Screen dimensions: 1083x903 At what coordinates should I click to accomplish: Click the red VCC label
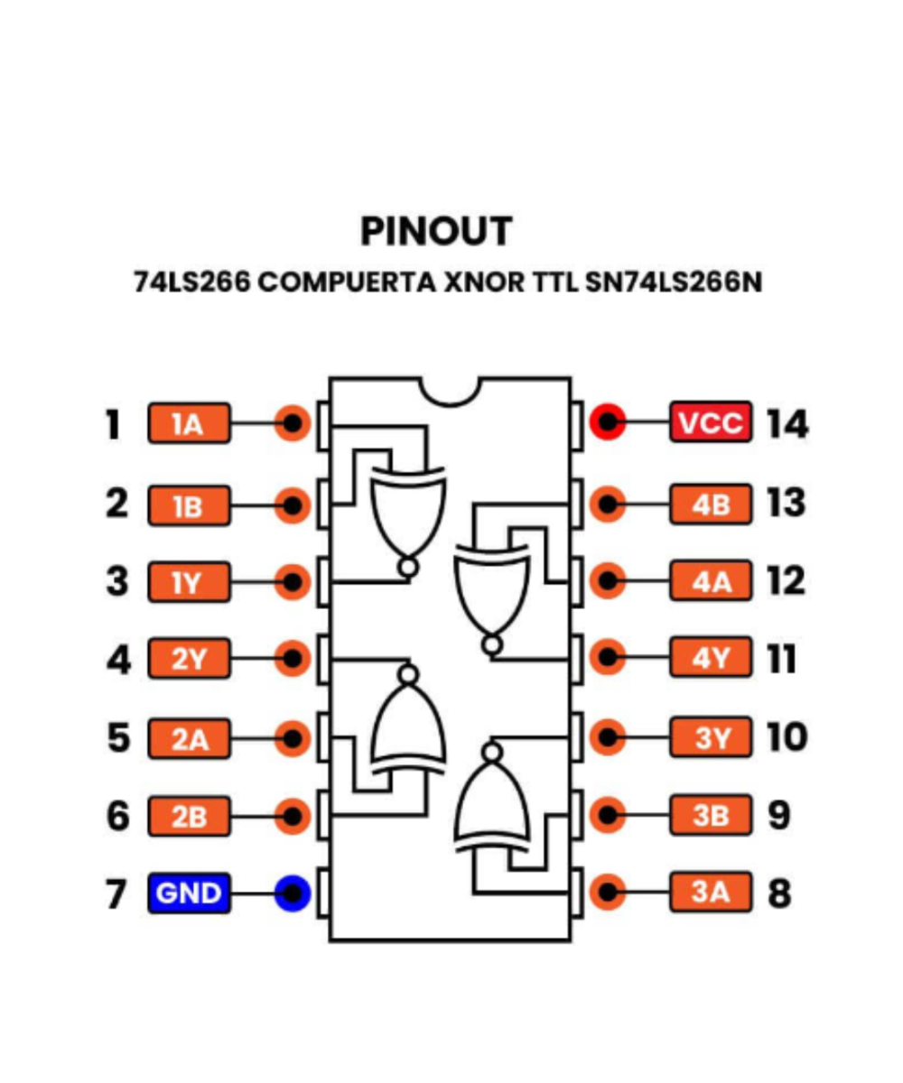coord(710,422)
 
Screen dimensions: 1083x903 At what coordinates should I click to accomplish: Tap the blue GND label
coord(189,893)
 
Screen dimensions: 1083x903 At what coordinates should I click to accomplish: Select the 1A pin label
coord(189,423)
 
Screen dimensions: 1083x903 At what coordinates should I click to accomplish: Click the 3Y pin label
coord(710,738)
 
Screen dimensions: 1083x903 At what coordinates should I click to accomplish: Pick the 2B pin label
coord(189,817)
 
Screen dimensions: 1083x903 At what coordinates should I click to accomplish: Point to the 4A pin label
coord(710,582)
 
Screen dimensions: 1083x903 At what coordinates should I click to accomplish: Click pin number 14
coord(787,423)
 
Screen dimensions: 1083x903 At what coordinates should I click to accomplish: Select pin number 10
coord(787,738)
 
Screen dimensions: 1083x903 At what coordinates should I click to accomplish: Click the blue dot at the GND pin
coord(293,893)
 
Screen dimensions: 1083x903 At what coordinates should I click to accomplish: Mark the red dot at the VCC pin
coord(609,422)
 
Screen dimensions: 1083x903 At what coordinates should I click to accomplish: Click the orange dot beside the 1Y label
coord(293,582)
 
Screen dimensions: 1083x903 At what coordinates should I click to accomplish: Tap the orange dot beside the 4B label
coord(609,504)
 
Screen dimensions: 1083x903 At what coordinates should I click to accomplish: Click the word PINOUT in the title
coord(436,232)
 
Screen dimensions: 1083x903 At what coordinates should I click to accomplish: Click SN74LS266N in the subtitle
coord(674,282)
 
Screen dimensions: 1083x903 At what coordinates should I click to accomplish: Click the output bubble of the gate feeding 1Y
coord(409,568)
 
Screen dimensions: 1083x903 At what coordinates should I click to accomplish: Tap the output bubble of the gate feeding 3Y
coord(492,752)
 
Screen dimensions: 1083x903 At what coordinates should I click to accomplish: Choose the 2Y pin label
coord(189,661)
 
